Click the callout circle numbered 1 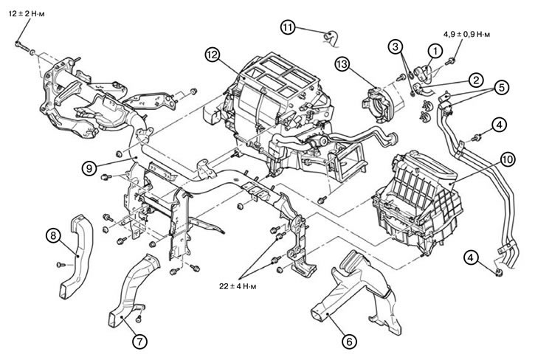[435, 50]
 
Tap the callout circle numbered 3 [397, 47]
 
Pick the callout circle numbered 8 [52, 235]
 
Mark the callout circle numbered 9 [88, 167]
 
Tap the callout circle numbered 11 [288, 27]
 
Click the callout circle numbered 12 [213, 54]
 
